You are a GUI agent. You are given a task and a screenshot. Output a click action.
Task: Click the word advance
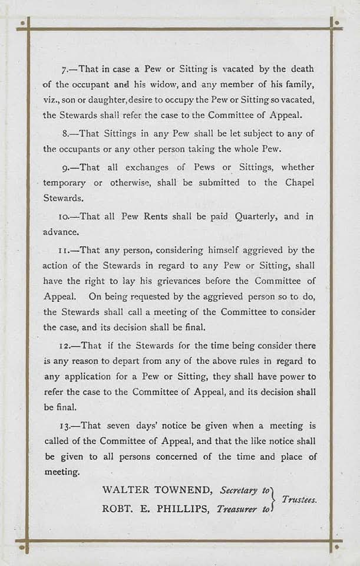pos(61,232)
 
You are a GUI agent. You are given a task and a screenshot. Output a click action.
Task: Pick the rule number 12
pos(67,345)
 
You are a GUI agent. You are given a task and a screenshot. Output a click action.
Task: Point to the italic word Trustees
pos(299,499)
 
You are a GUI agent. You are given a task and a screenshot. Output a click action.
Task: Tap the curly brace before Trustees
pos(274,499)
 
